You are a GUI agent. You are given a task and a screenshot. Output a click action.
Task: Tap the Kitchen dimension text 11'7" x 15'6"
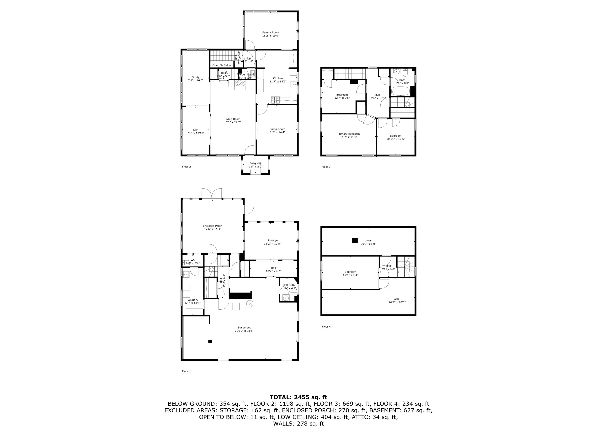tap(278, 81)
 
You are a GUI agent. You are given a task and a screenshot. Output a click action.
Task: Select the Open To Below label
tap(222, 65)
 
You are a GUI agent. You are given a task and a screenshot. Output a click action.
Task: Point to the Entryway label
tap(255, 163)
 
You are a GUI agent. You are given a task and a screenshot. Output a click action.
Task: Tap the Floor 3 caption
tap(326, 167)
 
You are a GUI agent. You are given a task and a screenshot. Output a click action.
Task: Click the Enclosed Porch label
tap(212, 226)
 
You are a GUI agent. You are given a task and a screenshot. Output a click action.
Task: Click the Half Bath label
tap(288, 285)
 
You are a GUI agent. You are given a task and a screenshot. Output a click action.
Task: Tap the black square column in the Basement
tap(210, 341)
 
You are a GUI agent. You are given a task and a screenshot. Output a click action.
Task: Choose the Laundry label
tap(193, 300)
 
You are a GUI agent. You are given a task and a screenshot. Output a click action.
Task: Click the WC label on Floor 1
tap(193, 260)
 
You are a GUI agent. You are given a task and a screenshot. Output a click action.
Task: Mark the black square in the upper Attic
tap(355, 240)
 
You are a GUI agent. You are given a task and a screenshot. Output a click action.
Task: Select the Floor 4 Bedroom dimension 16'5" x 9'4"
tap(350, 275)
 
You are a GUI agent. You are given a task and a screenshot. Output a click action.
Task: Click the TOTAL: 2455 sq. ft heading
tap(298, 397)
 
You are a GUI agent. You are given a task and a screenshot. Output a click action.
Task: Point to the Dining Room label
tap(277, 129)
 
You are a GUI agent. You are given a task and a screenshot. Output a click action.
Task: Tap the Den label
tap(196, 130)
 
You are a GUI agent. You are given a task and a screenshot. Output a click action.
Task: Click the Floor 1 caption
tap(186, 371)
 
